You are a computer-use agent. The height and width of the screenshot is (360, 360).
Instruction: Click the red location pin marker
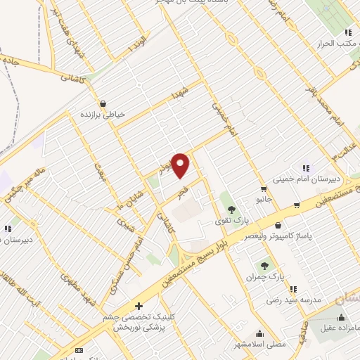[181, 165]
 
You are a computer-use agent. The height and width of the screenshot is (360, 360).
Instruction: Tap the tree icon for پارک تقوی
[231, 209]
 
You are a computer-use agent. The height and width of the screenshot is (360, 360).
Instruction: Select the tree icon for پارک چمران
[264, 265]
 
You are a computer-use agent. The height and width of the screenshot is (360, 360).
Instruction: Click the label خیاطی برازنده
[105, 112]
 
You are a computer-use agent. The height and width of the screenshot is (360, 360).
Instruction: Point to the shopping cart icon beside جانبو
[263, 188]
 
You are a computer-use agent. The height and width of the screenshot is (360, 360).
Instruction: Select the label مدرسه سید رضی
[293, 300]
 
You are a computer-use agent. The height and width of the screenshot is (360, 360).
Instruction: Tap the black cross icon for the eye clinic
[139, 306]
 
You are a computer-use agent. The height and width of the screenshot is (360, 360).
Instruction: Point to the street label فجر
[184, 191]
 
